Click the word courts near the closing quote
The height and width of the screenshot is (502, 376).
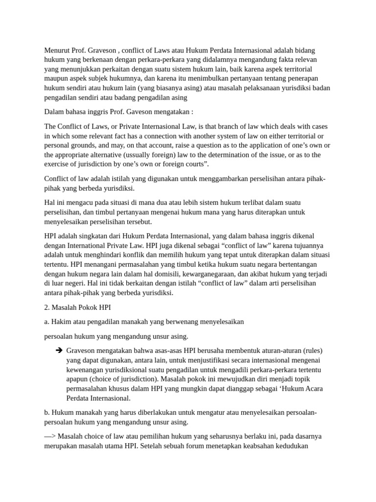coord(194,164)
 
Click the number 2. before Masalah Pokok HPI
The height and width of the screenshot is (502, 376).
coord(47,307)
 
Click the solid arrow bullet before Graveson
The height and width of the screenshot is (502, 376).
coord(59,351)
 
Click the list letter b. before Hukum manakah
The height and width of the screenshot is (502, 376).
coord(47,412)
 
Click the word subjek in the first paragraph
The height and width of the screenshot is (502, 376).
coord(126,78)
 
